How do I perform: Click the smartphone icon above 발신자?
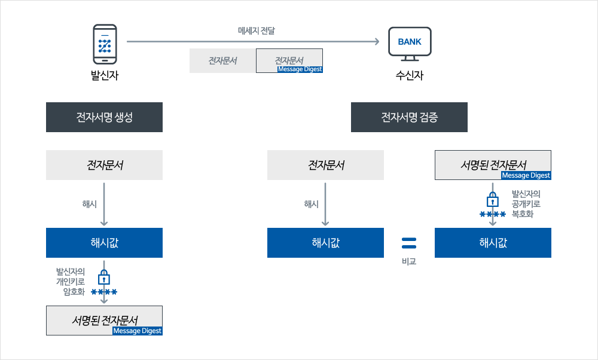pyautogui.click(x=105, y=44)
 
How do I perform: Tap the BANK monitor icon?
pyautogui.click(x=410, y=44)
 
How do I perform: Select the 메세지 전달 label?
pyautogui.click(x=256, y=30)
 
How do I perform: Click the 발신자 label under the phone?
pyautogui.click(x=105, y=75)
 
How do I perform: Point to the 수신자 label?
pyautogui.click(x=409, y=75)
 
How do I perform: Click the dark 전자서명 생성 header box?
pyautogui.click(x=104, y=117)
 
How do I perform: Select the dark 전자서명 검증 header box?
pyautogui.click(x=409, y=117)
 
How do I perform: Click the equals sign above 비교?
pyautogui.click(x=409, y=242)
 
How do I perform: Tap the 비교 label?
pyautogui.click(x=409, y=261)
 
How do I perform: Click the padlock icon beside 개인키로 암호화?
pyautogui.click(x=104, y=277)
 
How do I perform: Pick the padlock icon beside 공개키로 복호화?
pyautogui.click(x=493, y=200)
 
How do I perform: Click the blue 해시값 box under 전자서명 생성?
pyautogui.click(x=104, y=243)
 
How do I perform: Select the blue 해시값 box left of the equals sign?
pyautogui.click(x=325, y=243)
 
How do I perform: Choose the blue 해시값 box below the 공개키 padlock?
pyautogui.click(x=493, y=243)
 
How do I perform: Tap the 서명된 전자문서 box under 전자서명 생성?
pyautogui.click(x=104, y=320)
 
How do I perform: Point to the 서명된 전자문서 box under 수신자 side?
pyautogui.click(x=493, y=164)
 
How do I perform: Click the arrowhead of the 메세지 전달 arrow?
pyautogui.click(x=377, y=41)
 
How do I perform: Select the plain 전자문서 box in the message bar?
pyautogui.click(x=222, y=60)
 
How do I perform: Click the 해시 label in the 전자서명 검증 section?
pyautogui.click(x=311, y=204)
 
